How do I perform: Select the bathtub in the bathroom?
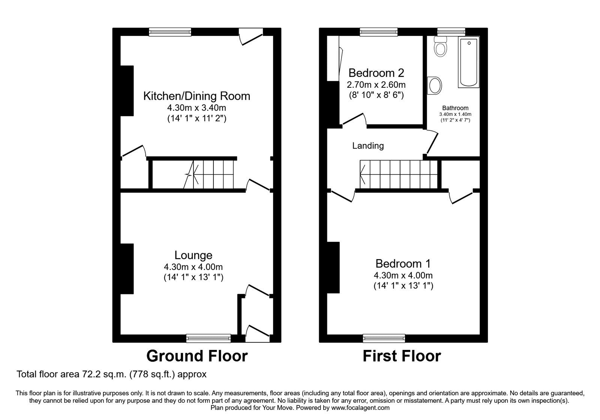[x=468, y=62]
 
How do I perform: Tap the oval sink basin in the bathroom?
[x=435, y=85]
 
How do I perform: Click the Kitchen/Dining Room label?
[x=196, y=96]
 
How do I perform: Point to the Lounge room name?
[x=193, y=255]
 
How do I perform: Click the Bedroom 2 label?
[x=376, y=73]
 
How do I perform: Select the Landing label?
[x=368, y=146]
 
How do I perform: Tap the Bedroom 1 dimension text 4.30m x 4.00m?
[x=403, y=276]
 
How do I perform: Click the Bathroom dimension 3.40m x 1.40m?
[x=455, y=114]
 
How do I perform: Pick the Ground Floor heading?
[x=197, y=356]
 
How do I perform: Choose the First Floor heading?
[x=402, y=356]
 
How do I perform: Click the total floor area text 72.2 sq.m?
[x=111, y=374]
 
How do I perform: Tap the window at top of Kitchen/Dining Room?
[x=170, y=32]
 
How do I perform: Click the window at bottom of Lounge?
[x=208, y=338]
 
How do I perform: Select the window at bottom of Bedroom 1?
[x=384, y=338]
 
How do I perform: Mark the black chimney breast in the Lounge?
[x=127, y=268]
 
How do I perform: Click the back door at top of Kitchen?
[x=251, y=37]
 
